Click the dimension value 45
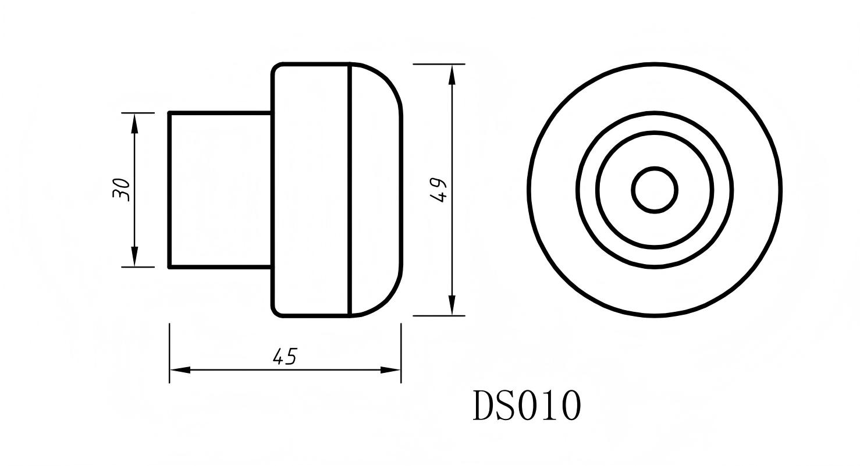(285, 356)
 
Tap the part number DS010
(527, 405)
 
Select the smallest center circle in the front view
(655, 190)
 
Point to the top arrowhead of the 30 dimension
(134, 123)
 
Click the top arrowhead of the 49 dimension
(452, 74)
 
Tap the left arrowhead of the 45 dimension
(180, 370)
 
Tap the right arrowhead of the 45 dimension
(390, 370)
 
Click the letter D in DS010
(484, 405)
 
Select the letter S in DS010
(505, 405)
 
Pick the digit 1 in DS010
(550, 405)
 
